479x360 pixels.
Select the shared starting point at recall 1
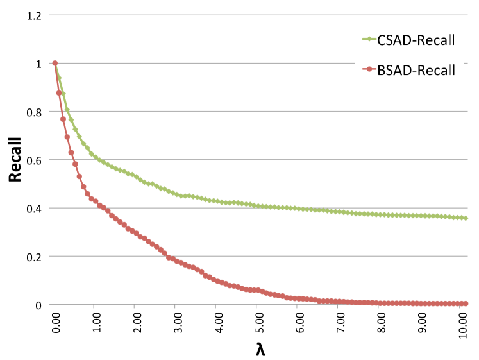55,63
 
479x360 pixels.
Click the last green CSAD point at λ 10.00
466,218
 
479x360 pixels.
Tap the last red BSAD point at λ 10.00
466,304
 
